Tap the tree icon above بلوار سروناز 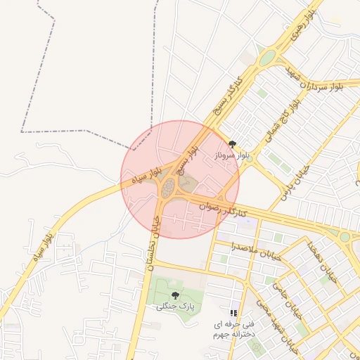pyautogui.click(x=233, y=144)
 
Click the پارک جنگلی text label pyautogui.click(x=173, y=306)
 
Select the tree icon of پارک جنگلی pyautogui.click(x=174, y=295)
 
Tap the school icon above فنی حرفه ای pyautogui.click(x=233, y=313)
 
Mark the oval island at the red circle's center pyautogui.click(x=168, y=188)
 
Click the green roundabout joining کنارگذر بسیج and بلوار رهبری pyautogui.click(x=266, y=58)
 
